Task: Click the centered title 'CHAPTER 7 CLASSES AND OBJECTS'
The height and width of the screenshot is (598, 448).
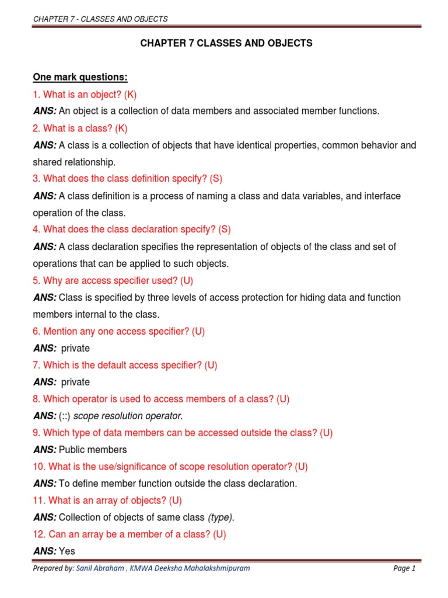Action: pyautogui.click(x=226, y=44)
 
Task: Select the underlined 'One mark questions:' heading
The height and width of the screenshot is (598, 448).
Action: pyautogui.click(x=80, y=78)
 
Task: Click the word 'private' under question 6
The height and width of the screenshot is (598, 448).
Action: pyautogui.click(x=75, y=349)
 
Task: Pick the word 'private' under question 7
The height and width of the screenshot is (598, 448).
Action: pyautogui.click(x=75, y=383)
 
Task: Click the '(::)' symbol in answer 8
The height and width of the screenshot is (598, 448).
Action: pyautogui.click(x=65, y=416)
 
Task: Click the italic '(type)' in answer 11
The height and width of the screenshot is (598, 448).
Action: pyautogui.click(x=221, y=518)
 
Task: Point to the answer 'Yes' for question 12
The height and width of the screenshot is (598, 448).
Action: pyautogui.click(x=67, y=551)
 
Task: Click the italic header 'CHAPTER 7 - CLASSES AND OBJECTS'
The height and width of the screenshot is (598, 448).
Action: pyautogui.click(x=100, y=19)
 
